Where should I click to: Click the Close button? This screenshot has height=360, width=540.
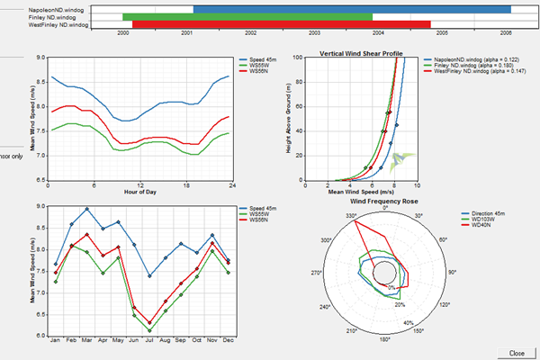517,353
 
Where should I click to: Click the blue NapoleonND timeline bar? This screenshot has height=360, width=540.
352,9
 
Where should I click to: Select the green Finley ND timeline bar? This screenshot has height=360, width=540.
247,17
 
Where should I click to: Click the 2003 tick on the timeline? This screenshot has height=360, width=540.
314,32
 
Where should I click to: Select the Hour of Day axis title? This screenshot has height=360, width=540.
139,193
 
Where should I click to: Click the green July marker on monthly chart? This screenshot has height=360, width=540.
149,330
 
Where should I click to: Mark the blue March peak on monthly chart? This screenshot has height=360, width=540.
87,209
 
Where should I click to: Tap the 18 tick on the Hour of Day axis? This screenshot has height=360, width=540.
185,186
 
